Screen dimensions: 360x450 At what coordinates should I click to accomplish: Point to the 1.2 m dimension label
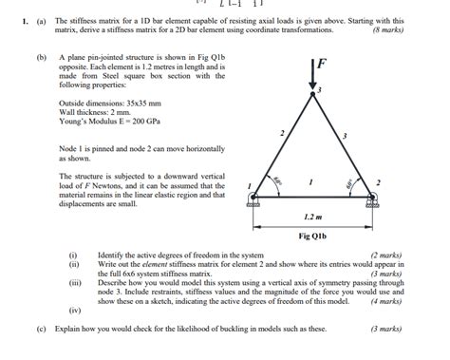point(312,218)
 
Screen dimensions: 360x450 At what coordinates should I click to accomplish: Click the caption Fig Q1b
point(312,236)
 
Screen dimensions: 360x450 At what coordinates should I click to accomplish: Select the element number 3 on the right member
point(344,137)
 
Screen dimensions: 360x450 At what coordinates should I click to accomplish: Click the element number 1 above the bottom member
point(310,179)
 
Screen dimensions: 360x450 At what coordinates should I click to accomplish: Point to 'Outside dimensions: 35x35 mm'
point(110,102)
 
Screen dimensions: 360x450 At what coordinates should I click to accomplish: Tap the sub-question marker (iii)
point(74,283)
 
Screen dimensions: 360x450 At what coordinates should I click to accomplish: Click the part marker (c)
point(41,329)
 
